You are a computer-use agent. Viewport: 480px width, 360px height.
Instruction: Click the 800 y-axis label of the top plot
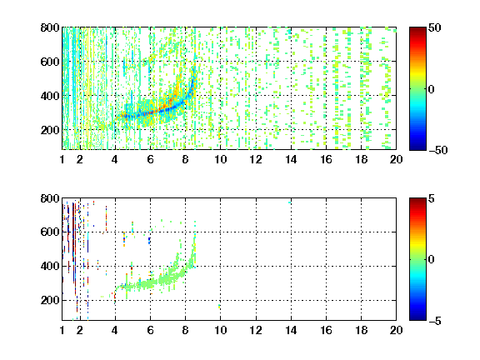click(50, 27)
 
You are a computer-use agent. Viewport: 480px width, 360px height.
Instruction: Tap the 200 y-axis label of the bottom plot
click(50, 300)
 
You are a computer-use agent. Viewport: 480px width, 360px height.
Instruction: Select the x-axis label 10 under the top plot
click(220, 159)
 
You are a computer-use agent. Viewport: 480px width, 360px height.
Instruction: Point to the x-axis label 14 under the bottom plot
click(291, 330)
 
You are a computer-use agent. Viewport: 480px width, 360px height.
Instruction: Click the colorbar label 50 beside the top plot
click(434, 27)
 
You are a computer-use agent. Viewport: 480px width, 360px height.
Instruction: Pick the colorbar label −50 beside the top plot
click(437, 150)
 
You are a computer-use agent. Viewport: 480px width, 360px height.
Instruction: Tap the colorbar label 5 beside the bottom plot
click(431, 198)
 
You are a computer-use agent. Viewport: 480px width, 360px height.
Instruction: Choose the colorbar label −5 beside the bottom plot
click(434, 321)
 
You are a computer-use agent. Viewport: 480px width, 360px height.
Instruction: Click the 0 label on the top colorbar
click(431, 89)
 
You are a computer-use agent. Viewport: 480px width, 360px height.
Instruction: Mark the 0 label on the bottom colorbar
click(431, 260)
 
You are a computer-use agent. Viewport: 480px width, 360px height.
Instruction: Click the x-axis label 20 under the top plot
click(396, 159)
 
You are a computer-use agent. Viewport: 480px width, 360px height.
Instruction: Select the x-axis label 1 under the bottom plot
click(62, 330)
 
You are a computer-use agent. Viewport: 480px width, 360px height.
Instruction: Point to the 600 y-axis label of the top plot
click(50, 62)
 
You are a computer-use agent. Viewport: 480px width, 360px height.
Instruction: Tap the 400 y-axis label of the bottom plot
click(50, 266)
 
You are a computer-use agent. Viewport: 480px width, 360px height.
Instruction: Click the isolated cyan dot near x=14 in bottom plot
click(290, 202)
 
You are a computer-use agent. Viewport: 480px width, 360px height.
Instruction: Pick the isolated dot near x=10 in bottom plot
click(219, 306)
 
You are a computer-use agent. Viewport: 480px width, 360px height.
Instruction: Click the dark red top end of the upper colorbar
click(417, 28)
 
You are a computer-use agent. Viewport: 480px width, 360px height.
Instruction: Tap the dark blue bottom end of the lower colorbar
click(417, 319)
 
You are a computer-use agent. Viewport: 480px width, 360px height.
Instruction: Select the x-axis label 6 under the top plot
click(150, 159)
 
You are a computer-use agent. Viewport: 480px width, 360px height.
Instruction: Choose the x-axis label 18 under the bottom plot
click(361, 330)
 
